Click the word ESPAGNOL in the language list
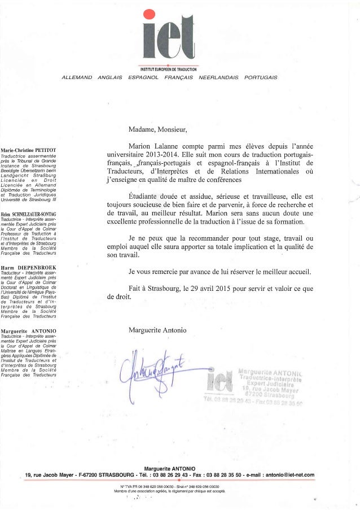(x=144, y=77)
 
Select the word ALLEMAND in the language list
(x=77, y=77)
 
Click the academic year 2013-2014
(x=160, y=154)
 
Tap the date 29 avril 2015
(x=226, y=289)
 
